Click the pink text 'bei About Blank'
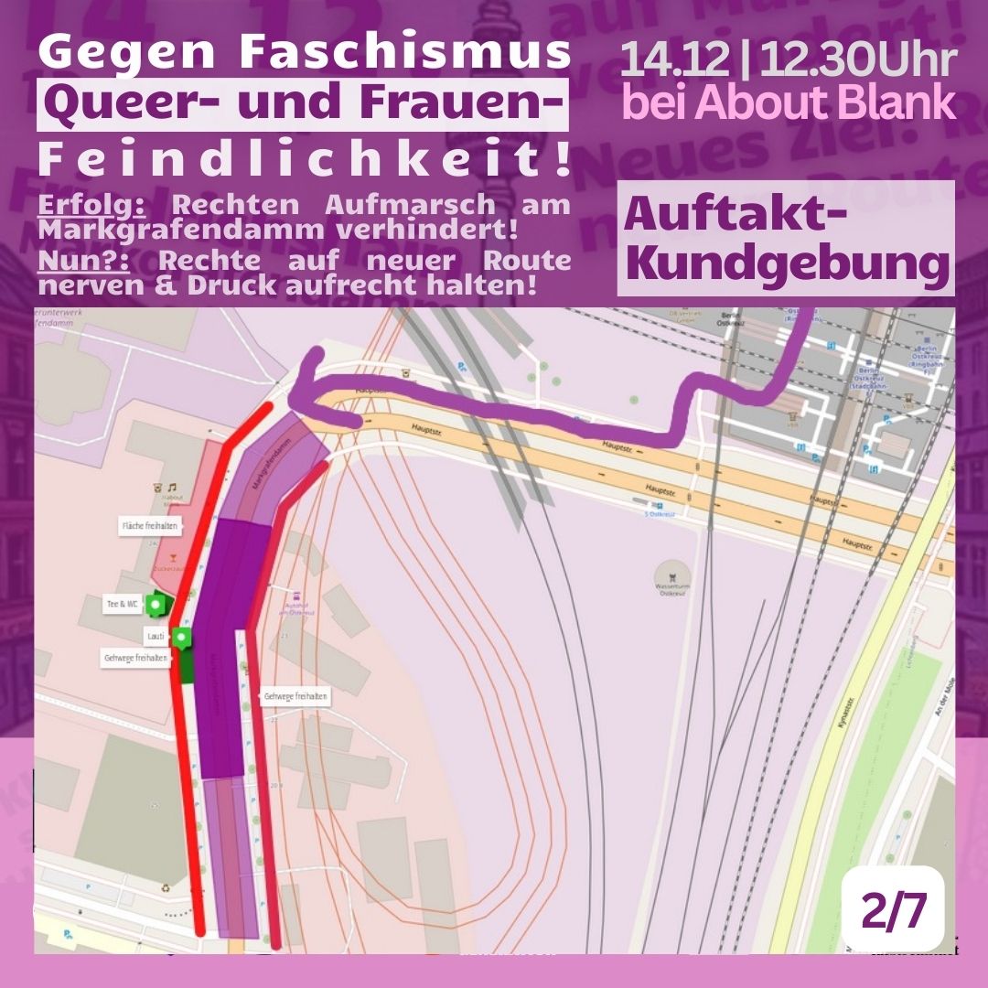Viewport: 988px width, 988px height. [788, 104]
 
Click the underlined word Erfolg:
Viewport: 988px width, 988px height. [91, 205]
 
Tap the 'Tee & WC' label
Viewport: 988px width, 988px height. [123, 604]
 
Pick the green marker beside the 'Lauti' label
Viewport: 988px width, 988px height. [182, 638]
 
